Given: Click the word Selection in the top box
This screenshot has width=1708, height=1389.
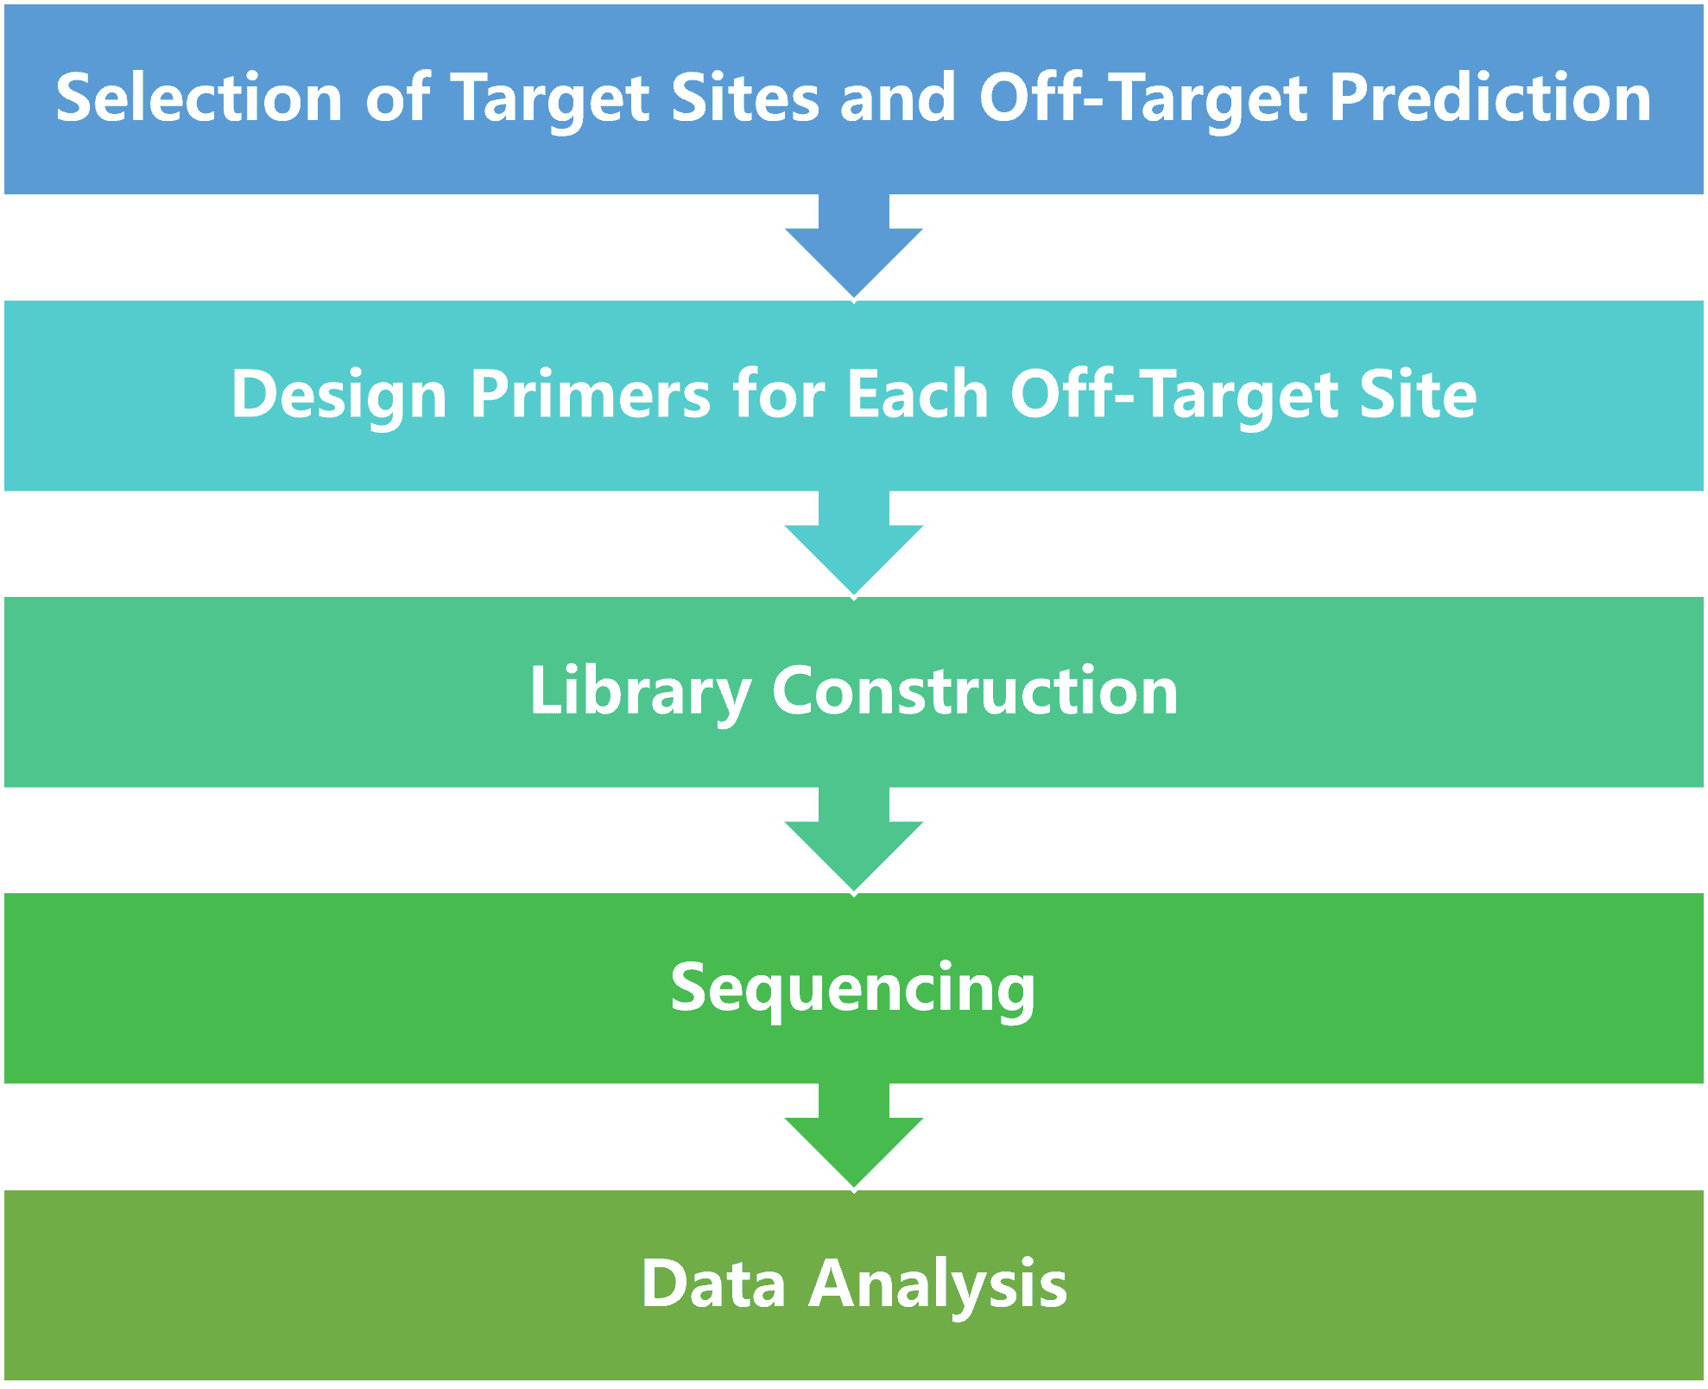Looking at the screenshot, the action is coord(199,97).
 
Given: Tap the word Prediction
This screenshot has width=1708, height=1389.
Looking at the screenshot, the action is coord(1490,97).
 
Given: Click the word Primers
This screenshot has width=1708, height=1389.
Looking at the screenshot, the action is coord(591,394).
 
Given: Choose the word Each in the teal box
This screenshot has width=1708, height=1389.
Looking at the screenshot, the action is coord(918,394).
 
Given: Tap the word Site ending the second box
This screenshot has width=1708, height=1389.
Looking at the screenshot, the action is coord(1419,394).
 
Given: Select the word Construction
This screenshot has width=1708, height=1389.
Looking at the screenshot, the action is coord(975,691).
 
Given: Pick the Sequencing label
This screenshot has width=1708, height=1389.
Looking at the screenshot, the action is coord(853,989).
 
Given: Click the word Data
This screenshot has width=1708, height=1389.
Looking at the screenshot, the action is coord(713,1284).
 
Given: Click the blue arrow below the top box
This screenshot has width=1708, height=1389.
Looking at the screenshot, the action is coord(854,247).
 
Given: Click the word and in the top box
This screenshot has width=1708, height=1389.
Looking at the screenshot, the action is coord(898,97).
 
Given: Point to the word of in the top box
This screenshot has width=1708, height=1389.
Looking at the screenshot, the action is coord(398,97).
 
